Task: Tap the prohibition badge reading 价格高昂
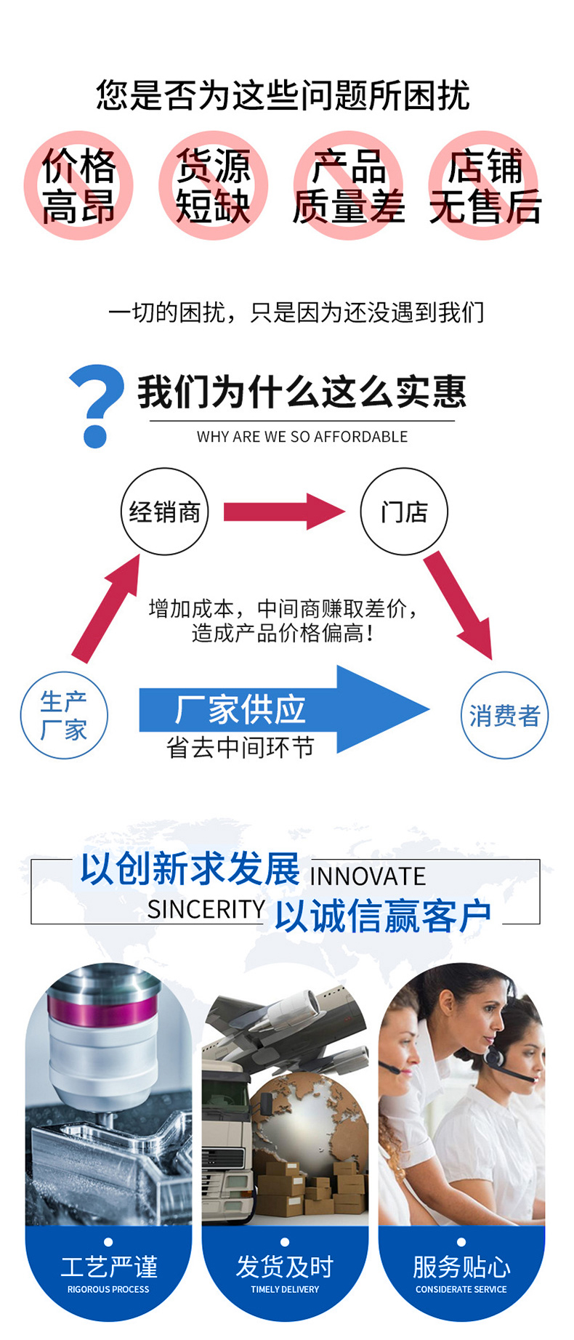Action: (78, 185)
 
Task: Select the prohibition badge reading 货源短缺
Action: (213, 185)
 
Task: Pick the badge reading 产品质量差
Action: (349, 185)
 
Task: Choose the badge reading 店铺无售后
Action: (485, 185)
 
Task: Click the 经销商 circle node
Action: (165, 512)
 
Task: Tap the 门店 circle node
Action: (404, 512)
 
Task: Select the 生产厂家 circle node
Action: (64, 715)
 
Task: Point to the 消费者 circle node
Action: (505, 715)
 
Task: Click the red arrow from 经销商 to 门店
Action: (284, 512)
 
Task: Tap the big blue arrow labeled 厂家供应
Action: (284, 709)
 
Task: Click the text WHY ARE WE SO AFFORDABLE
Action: (302, 437)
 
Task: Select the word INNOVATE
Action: (368, 876)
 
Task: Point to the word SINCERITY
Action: (206, 909)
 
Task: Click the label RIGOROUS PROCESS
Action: (108, 1289)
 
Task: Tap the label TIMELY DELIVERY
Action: (285, 1289)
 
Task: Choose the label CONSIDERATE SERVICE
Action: (461, 1289)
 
